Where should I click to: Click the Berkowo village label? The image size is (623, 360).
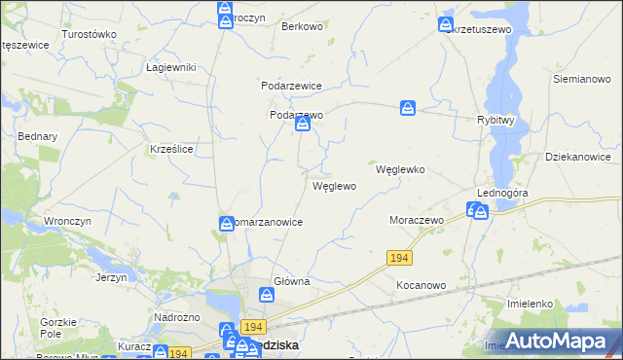[302, 26]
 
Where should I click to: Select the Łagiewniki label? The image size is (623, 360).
[171, 67]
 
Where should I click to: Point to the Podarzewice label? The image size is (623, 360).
[291, 86]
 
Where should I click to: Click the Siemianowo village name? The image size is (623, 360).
[580, 78]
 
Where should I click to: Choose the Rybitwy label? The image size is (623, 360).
[502, 120]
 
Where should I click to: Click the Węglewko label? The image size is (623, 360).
[400, 168]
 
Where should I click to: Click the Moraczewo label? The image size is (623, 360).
[417, 221]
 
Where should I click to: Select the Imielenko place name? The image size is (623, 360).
[531, 304]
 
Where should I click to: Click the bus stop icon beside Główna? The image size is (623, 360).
[266, 295]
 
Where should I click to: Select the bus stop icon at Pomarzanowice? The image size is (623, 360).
[226, 225]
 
